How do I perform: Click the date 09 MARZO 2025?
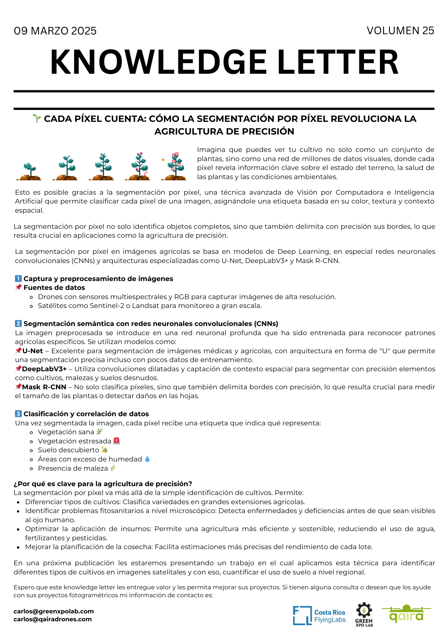(55, 31)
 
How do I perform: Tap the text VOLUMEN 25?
(400, 31)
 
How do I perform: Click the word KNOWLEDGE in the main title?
(158, 62)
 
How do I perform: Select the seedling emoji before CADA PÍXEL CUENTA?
(37, 119)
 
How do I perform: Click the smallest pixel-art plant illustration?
(30, 171)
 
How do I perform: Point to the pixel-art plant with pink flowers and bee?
(174, 166)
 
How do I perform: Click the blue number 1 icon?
(18, 279)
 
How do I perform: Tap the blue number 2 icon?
(18, 323)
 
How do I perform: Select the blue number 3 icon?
(18, 414)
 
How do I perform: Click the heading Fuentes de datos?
(54, 288)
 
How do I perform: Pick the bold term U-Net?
(33, 351)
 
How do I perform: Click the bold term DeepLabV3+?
(44, 369)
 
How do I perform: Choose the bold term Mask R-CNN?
(44, 387)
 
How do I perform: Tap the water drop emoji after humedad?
(147, 459)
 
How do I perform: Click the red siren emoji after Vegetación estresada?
(117, 441)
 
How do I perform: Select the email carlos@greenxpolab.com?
(54, 611)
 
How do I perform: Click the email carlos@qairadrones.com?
(53, 619)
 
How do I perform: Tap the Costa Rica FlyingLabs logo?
(319, 616)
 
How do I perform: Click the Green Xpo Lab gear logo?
(364, 614)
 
